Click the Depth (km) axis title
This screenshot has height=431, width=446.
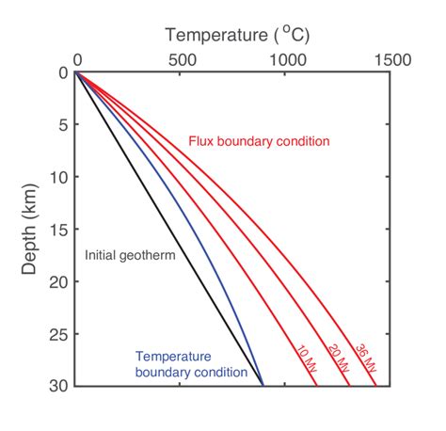point(31,230)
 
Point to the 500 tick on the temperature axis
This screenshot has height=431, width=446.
point(181,60)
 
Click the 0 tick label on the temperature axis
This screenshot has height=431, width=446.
point(76,60)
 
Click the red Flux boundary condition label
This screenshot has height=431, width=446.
point(260,141)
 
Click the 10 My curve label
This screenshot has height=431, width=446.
point(305,359)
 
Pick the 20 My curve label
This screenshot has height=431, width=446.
point(334,358)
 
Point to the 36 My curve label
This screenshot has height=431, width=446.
point(362,356)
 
